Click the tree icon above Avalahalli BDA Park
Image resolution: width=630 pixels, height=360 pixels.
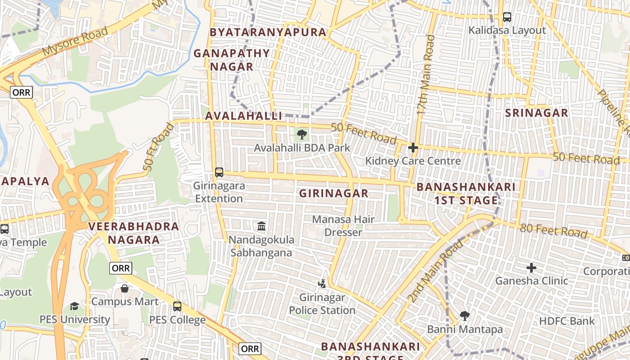pos(302,134)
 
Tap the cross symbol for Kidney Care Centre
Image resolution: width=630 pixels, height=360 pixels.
pos(413,148)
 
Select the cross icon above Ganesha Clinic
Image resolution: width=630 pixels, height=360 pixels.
pos(531,268)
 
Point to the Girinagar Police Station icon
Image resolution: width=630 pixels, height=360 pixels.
pos(322,284)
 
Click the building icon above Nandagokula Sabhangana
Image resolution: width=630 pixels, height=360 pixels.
pos(261,226)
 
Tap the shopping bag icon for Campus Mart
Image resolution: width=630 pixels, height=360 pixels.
pos(125,288)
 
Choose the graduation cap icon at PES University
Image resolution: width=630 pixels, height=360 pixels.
pos(74,306)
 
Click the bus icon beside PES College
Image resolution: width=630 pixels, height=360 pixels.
pos(177,306)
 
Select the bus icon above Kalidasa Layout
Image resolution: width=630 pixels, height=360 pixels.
pos(507,17)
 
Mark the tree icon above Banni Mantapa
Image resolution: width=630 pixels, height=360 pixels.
pos(465,316)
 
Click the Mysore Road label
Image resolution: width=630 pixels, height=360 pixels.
pos(76,41)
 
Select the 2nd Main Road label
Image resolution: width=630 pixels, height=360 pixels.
pos(435,271)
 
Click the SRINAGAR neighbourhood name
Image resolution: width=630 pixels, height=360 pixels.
pos(536,112)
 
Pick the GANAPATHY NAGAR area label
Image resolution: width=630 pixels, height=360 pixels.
pos(231,60)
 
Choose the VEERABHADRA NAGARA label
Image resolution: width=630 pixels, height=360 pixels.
pos(134,233)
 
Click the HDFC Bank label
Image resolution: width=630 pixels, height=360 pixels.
pos(567,321)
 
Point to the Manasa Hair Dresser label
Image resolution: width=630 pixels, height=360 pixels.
pos(343,226)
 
